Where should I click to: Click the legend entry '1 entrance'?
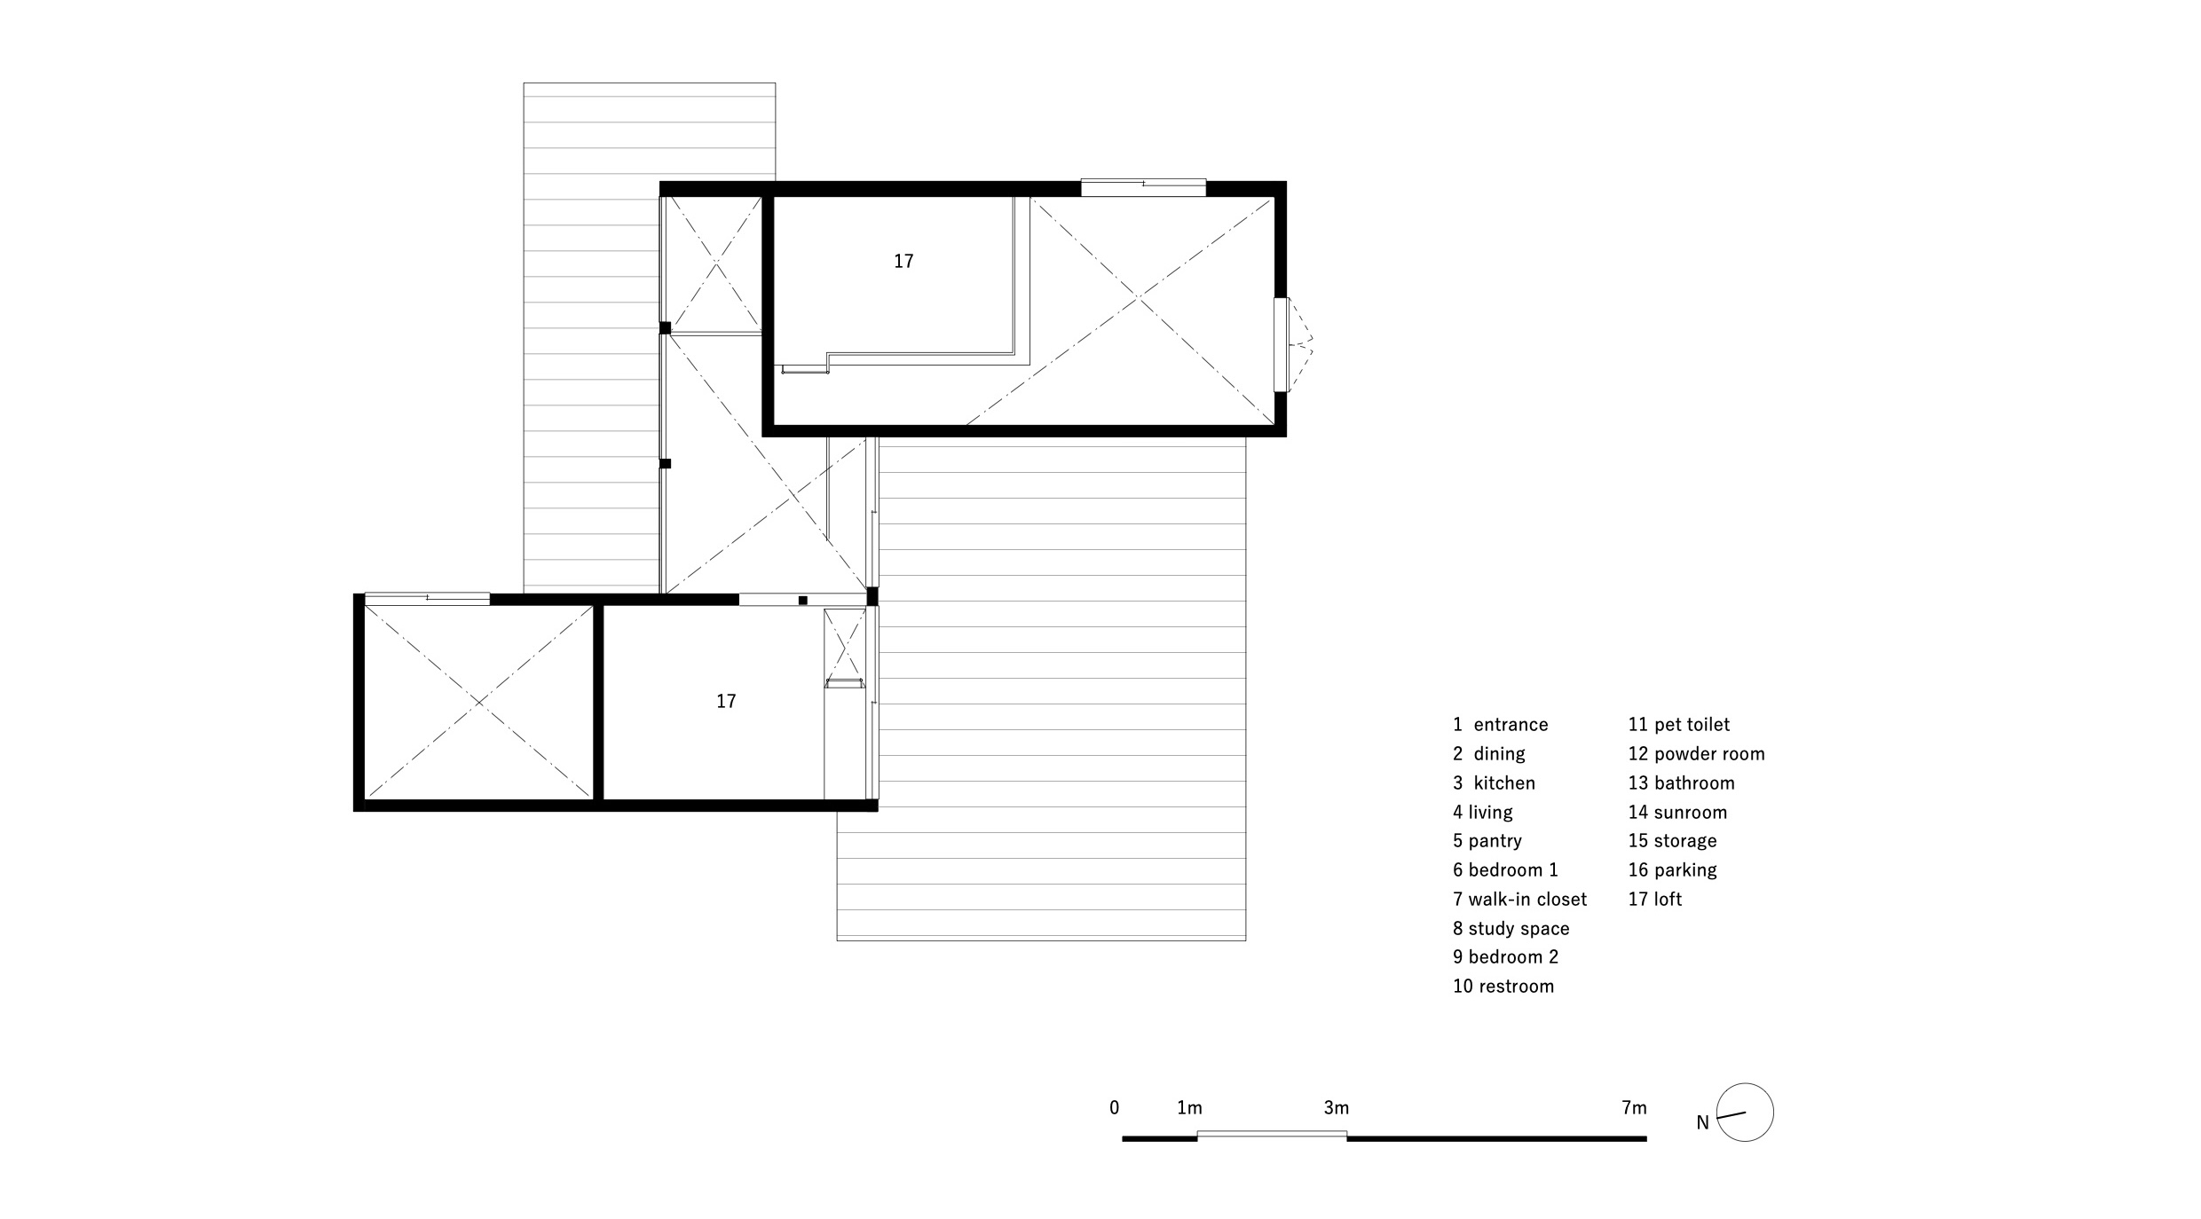pos(1500,725)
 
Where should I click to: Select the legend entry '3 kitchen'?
pos(1494,783)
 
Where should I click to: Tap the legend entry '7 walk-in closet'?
pos(1519,900)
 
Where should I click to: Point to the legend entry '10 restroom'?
pos(1503,987)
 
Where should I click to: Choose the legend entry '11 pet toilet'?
pos(1679,725)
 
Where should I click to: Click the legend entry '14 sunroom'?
pos(1677,813)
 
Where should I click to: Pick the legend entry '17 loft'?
pos(1654,900)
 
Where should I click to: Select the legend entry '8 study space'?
pos(1511,929)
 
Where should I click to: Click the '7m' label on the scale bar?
pos(1634,1108)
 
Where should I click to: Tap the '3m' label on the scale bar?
pos(1337,1108)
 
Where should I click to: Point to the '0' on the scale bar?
pos(1115,1108)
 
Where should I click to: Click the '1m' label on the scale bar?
pos(1189,1108)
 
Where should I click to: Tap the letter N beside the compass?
pos(1702,1123)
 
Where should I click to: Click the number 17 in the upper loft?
pos(903,262)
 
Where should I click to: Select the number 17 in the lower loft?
pos(726,702)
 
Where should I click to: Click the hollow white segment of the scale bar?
pos(1272,1135)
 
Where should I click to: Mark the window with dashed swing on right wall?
pos(1281,344)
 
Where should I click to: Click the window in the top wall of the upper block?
pos(1143,187)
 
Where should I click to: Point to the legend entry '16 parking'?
pos(1672,870)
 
